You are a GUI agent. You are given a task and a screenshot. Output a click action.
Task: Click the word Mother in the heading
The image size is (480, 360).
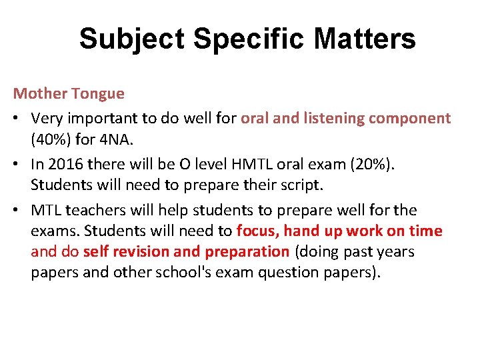pos(37,93)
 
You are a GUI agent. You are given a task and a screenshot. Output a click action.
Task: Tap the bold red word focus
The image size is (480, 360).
pos(257,231)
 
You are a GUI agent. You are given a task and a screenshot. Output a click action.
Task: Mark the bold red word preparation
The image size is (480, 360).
pos(247,252)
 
